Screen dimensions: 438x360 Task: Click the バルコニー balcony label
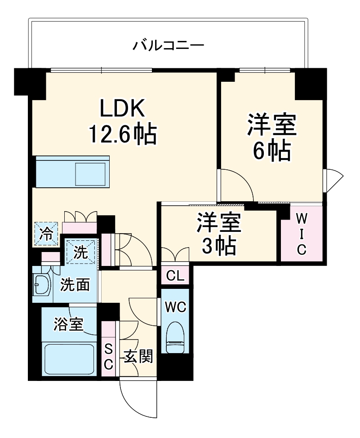pyautogui.click(x=169, y=45)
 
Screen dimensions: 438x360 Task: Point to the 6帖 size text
pyautogui.click(x=271, y=151)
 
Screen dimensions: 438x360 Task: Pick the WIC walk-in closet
pyautogui.click(x=302, y=234)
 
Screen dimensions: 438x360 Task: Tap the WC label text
pyautogui.click(x=175, y=307)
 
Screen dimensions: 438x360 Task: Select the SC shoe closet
pyautogui.click(x=108, y=356)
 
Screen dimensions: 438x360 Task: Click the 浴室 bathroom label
pyautogui.click(x=69, y=324)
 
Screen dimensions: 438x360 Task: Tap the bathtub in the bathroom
pyautogui.click(x=70, y=359)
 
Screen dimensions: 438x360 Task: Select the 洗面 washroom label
pyautogui.click(x=75, y=284)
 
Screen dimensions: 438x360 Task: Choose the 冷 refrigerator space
pyautogui.click(x=46, y=234)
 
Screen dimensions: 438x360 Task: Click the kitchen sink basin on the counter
pyautogui.click(x=90, y=173)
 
